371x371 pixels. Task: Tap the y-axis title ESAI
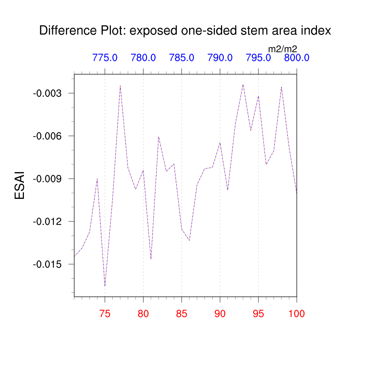click(x=20, y=185)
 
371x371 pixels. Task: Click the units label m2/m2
click(x=283, y=49)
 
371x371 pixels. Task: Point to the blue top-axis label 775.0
click(x=105, y=58)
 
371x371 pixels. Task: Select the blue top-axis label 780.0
click(x=143, y=58)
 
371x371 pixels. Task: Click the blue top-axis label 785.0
click(x=182, y=58)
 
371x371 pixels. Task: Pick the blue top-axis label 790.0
click(x=220, y=58)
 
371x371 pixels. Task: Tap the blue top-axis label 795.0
click(x=258, y=58)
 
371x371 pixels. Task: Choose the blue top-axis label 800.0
click(x=296, y=58)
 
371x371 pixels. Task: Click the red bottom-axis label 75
click(x=105, y=314)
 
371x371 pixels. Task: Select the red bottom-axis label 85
click(x=182, y=314)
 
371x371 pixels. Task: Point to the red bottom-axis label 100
click(x=296, y=314)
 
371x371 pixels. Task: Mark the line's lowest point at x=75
click(x=105, y=286)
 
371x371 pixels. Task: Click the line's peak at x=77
click(x=120, y=86)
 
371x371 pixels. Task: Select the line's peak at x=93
click(x=243, y=84)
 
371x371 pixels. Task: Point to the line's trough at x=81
click(x=151, y=259)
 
